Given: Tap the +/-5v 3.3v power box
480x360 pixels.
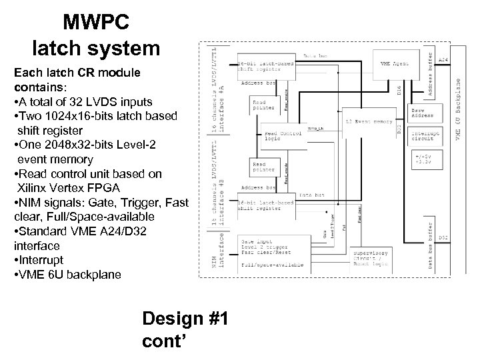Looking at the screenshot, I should [x=426, y=157].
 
